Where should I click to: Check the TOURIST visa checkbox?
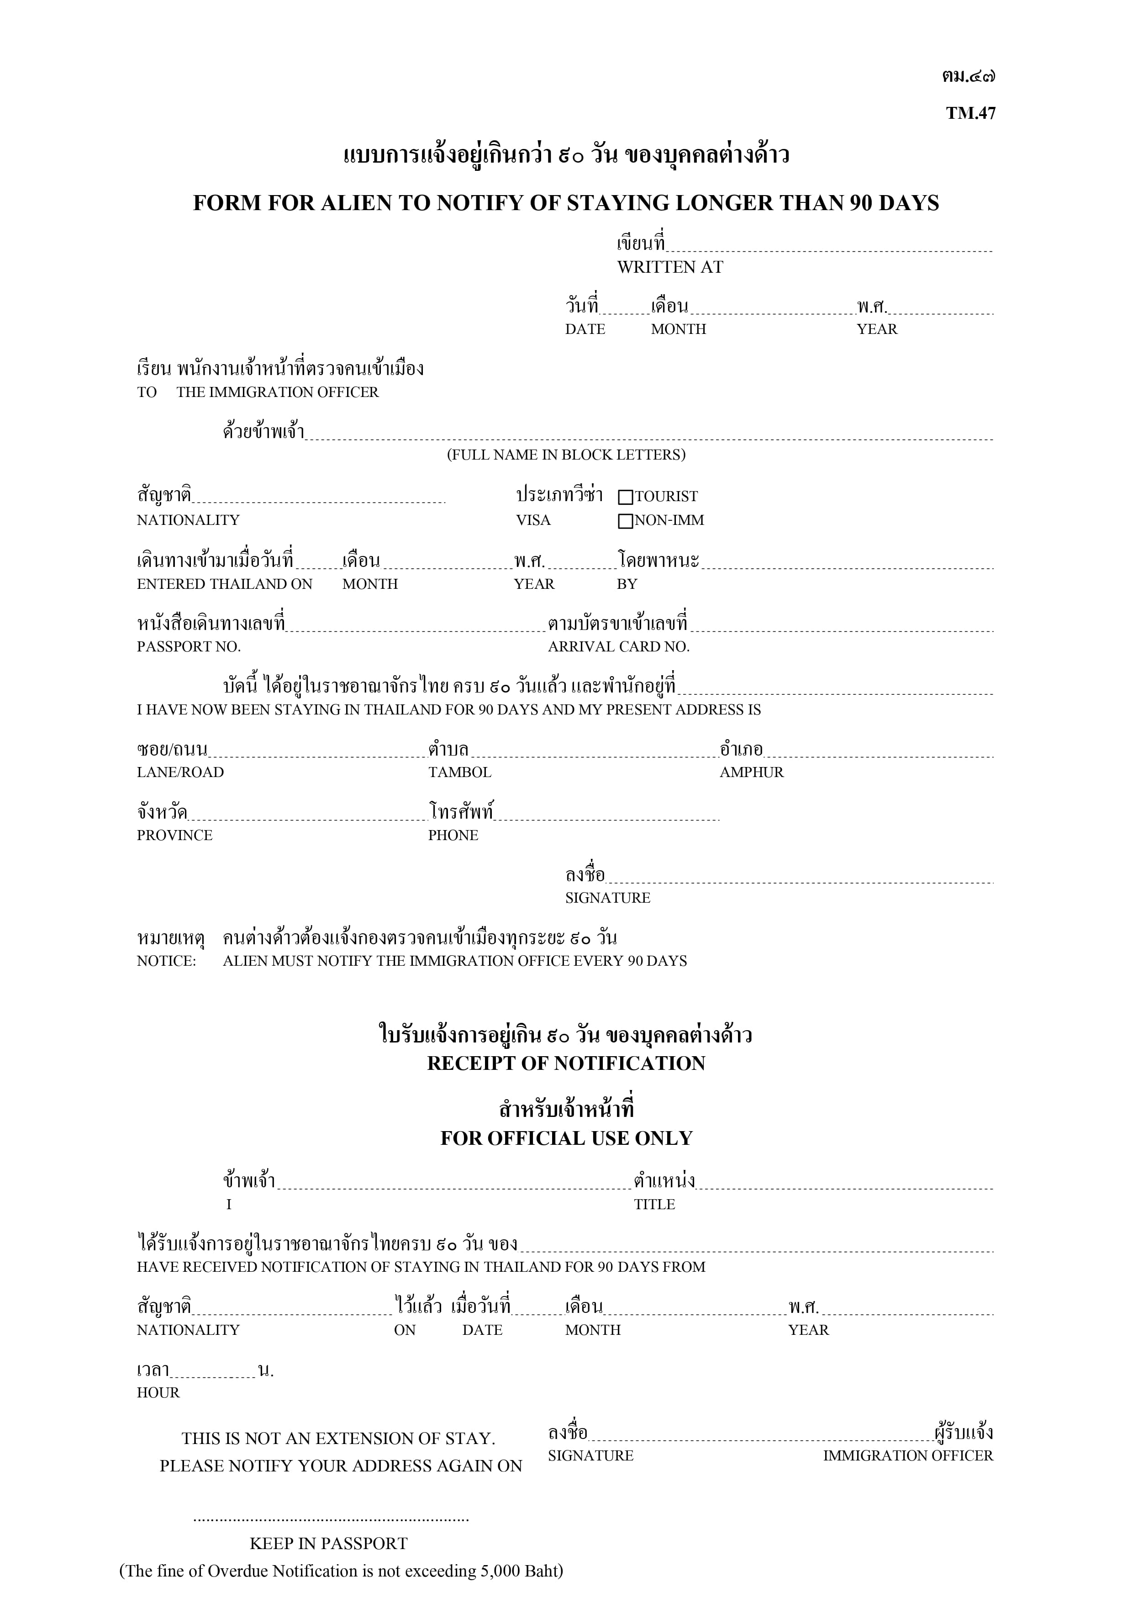[626, 497]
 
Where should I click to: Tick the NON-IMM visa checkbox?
[626, 521]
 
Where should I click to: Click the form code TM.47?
[970, 113]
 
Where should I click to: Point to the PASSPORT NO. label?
[189, 646]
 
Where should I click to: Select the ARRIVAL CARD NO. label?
[618, 646]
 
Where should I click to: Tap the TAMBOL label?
[459, 772]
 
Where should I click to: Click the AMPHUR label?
[751, 772]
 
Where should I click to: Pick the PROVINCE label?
[174, 835]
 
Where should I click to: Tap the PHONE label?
[453, 835]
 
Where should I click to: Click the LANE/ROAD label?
[180, 772]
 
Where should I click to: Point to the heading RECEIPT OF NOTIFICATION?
[566, 1063]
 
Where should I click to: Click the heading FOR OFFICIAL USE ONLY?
[566, 1138]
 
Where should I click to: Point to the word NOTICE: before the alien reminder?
[166, 961]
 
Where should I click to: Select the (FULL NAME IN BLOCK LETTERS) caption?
[566, 455]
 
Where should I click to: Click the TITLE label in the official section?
[654, 1204]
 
